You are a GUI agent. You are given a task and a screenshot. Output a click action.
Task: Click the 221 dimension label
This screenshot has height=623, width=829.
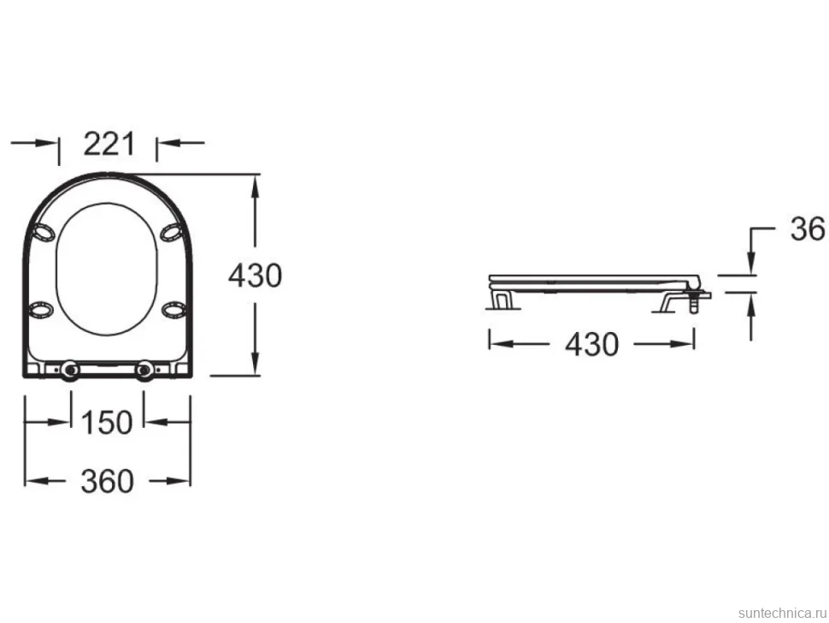point(109,144)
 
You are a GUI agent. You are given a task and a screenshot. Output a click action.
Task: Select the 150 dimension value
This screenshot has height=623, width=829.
point(106,423)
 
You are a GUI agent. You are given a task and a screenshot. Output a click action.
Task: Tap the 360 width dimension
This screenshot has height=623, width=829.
point(107,481)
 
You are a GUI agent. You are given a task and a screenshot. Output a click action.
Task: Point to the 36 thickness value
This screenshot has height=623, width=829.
point(808,229)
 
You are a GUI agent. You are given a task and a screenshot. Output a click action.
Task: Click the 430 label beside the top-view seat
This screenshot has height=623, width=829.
point(255,276)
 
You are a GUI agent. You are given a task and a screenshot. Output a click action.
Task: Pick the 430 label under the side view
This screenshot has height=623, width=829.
point(591,345)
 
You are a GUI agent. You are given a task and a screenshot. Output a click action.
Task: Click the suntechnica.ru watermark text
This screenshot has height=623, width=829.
point(782,613)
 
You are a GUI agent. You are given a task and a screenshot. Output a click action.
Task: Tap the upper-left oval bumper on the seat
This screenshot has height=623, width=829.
point(43,233)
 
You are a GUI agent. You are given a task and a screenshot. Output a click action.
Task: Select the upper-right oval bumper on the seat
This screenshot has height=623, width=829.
point(173,233)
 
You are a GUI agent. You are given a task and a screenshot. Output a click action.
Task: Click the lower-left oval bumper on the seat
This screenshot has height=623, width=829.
point(41,310)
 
